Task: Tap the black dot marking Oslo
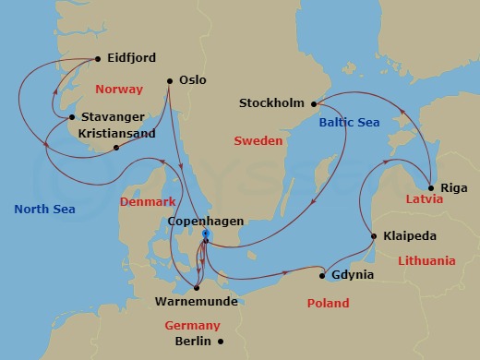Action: [169, 80]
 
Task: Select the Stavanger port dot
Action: [72, 117]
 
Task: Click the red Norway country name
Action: [119, 90]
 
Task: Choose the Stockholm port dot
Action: [313, 103]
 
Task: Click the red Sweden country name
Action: [258, 142]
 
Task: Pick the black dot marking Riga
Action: [431, 186]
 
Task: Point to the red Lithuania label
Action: [426, 261]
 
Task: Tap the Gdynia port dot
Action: [321, 275]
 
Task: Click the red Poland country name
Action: [328, 303]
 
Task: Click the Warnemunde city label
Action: [194, 301]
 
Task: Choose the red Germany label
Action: [192, 325]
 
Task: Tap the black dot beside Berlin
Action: [220, 341]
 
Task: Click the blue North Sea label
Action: [44, 210]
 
